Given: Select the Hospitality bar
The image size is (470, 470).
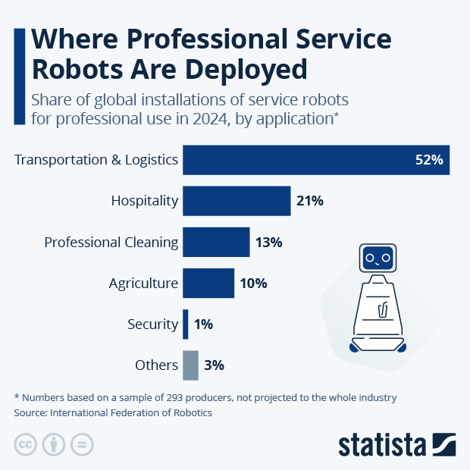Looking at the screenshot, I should coord(237,201).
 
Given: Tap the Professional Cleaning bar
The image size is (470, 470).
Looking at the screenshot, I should coord(216,242).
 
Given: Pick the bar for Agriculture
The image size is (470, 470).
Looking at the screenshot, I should coord(208,284).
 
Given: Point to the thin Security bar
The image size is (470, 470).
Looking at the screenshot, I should coord(186,324).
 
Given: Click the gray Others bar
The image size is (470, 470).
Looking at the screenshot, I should coord(190,365).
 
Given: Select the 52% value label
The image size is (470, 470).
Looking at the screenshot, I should coord(430,160).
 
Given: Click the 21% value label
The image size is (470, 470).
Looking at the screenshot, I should coord(310,201).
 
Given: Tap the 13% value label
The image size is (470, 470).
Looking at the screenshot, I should coord(269,243).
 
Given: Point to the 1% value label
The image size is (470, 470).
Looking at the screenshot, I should coord(203,324).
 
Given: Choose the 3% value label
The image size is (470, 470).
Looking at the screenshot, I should coord(214,365).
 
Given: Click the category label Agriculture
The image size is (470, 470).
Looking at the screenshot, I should coord(143,284).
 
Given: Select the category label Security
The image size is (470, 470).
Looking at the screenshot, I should coord(153,324).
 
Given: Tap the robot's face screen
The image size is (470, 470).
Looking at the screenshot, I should coord(377,259).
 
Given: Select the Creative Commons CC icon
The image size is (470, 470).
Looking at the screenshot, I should coord(26,445).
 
